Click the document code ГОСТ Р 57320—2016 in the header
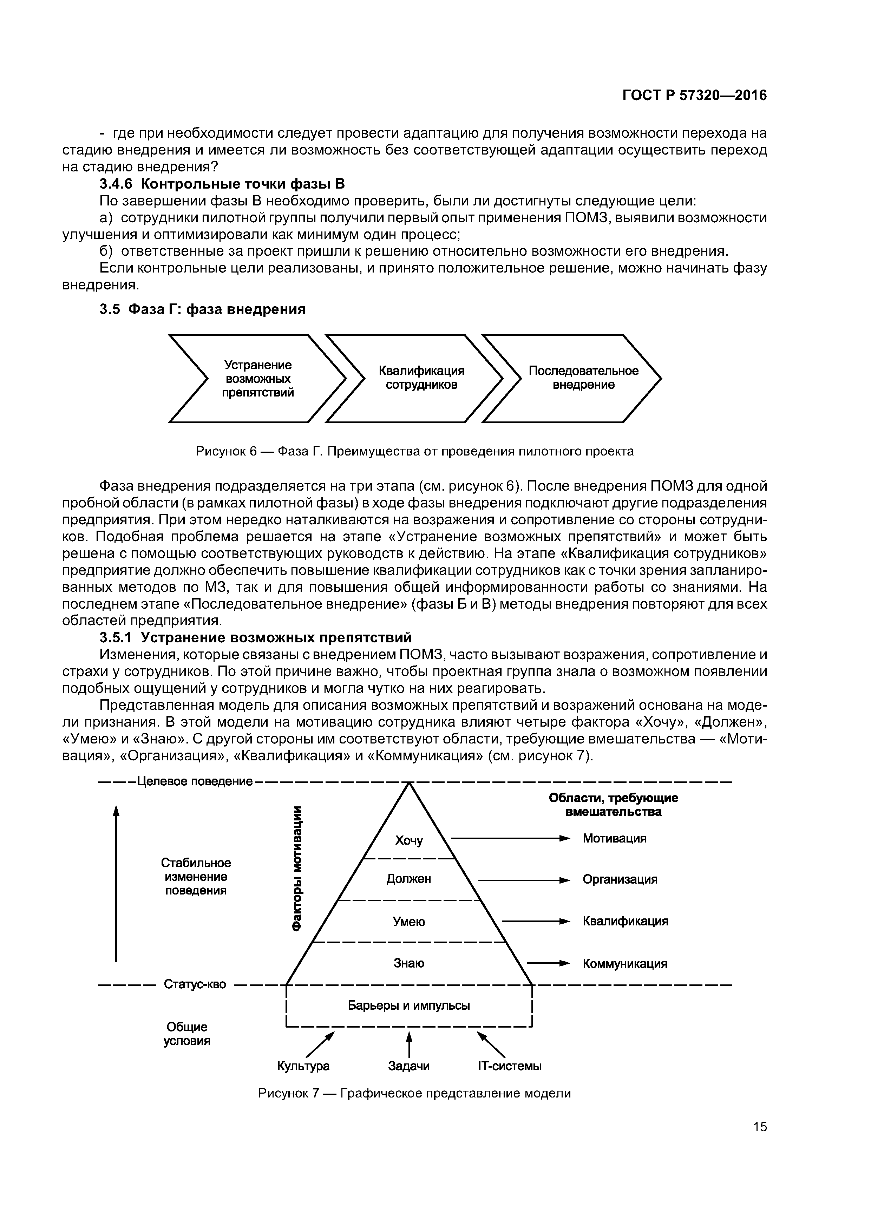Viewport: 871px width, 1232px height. (x=694, y=96)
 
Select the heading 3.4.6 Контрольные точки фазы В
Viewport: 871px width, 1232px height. (x=222, y=184)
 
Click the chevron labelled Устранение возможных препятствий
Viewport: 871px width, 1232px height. (x=257, y=379)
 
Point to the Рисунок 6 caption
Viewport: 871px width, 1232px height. (x=414, y=451)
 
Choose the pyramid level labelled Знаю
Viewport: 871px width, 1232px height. (x=409, y=963)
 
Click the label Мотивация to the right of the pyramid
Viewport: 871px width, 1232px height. (x=615, y=838)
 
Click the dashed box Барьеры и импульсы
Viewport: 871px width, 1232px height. (x=409, y=1005)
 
